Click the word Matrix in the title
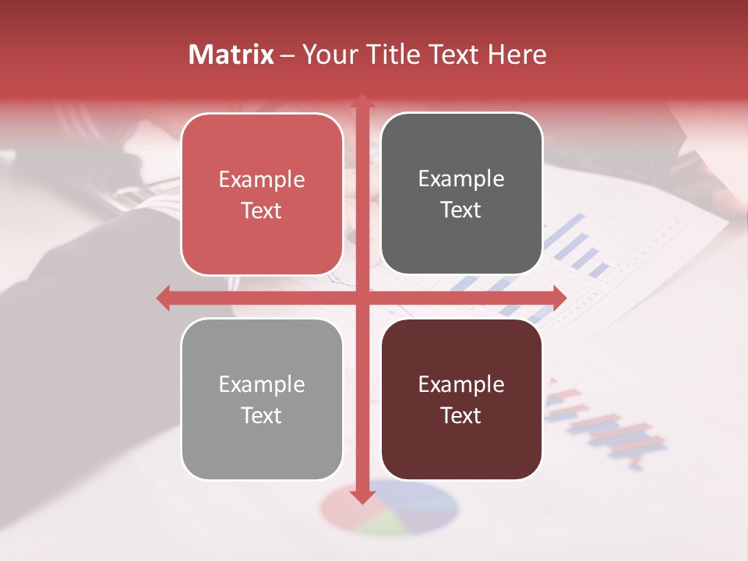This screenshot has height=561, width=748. point(231,55)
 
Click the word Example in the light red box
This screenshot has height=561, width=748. point(262,180)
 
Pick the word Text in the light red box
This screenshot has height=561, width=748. point(262,210)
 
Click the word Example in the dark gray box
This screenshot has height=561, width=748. point(461,179)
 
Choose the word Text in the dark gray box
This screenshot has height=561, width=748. point(461,210)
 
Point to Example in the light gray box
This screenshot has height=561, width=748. point(262,385)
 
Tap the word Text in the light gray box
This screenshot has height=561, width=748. point(262,415)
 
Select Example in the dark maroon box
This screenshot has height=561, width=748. point(461,385)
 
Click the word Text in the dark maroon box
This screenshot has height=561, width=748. point(461,415)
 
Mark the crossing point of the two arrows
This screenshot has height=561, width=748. point(362,298)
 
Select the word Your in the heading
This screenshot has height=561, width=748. point(326,55)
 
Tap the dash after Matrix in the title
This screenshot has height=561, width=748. point(288,55)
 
